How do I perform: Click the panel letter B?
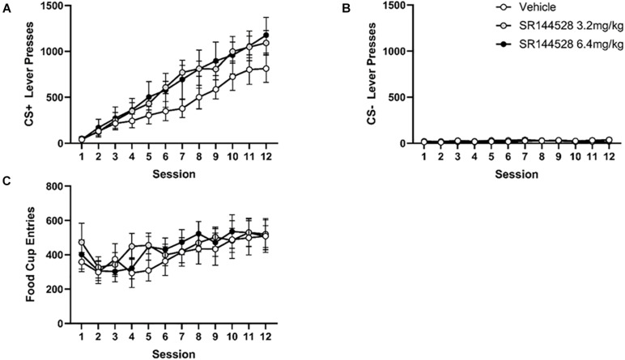[x=325, y=9]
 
